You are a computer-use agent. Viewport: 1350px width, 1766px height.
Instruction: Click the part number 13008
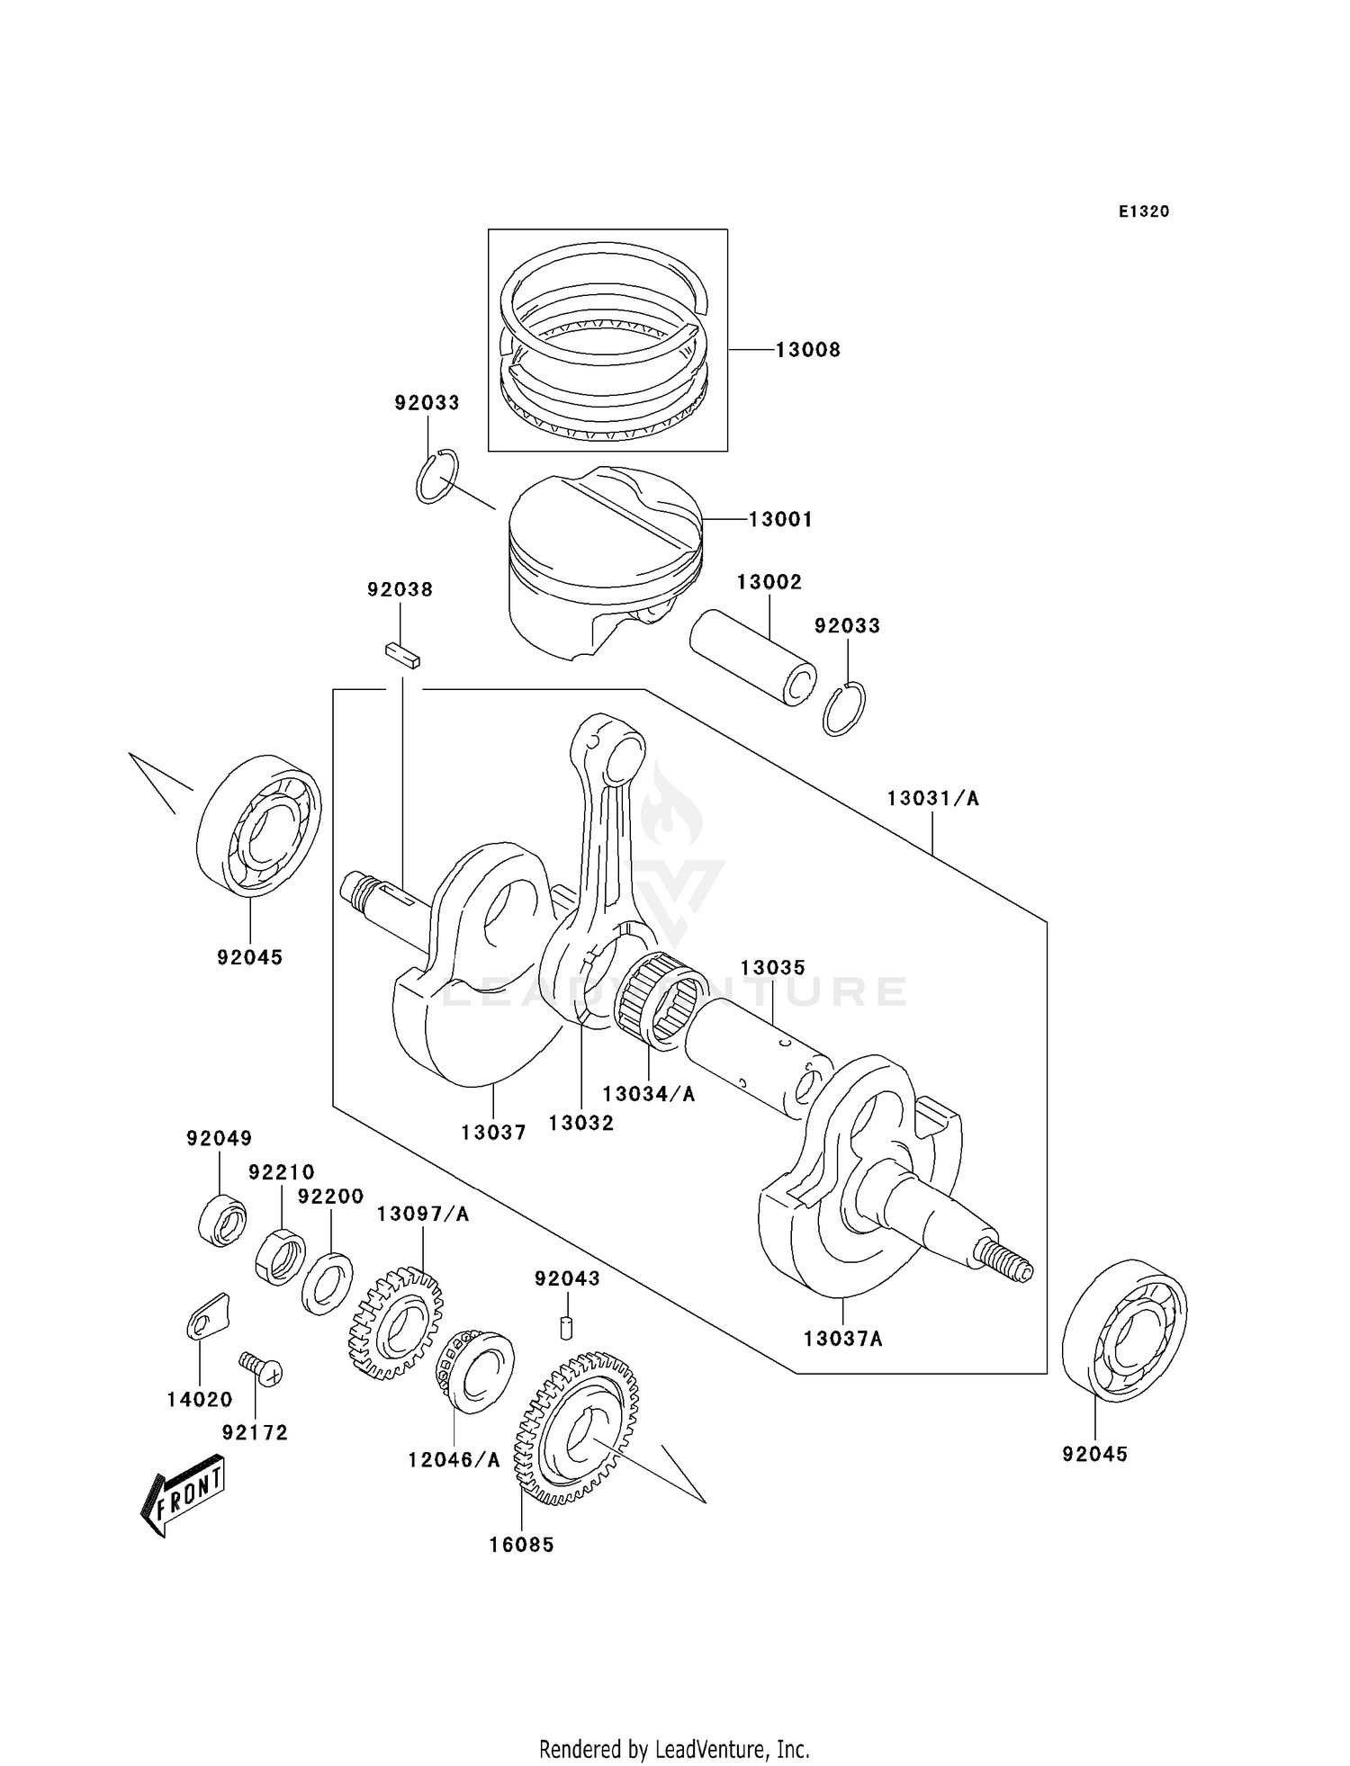pyautogui.click(x=807, y=350)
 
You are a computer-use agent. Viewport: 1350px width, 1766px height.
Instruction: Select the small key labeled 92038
pyautogui.click(x=401, y=654)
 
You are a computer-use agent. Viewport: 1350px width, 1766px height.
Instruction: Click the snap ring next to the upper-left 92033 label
pyautogui.click(x=437, y=476)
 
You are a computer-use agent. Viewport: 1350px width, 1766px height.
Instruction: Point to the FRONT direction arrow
pyautogui.click(x=183, y=1494)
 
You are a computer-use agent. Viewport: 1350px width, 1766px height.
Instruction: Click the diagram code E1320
pyautogui.click(x=1143, y=211)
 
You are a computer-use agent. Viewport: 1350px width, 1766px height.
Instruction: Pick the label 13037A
pyautogui.click(x=842, y=1339)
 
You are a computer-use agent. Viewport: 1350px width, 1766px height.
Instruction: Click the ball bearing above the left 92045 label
pyautogui.click(x=258, y=826)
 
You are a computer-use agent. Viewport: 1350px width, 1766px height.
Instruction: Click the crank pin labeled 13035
pyautogui.click(x=760, y=1062)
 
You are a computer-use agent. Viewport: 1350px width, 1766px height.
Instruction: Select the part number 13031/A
pyautogui.click(x=932, y=798)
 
